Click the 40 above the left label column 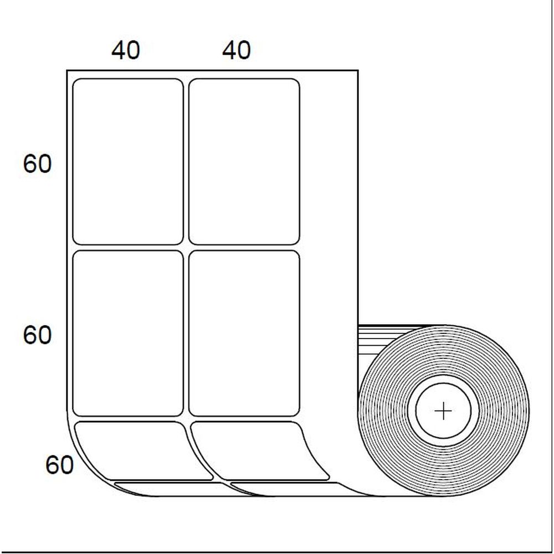(x=126, y=51)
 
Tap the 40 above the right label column (x=237, y=51)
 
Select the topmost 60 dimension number (x=37, y=165)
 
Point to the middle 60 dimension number (x=37, y=335)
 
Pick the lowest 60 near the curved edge (x=59, y=465)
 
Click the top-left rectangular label (x=128, y=161)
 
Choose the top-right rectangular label (x=244, y=161)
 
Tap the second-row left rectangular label (x=128, y=333)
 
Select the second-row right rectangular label (x=244, y=333)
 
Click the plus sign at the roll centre (x=443, y=411)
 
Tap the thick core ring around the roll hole (x=443, y=386)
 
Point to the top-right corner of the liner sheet (x=358, y=71)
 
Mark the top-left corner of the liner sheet (x=67, y=71)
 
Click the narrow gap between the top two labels (x=186, y=161)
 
